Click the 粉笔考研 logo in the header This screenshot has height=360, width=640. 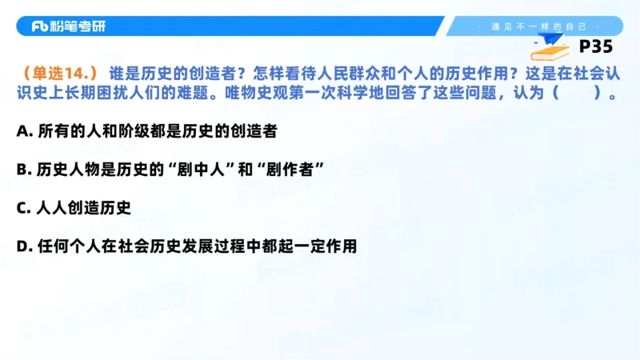68,26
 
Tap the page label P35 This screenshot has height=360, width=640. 595,46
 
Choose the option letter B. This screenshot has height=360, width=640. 22,169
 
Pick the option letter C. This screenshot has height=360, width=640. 22,208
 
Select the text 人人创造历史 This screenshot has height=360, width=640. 83,208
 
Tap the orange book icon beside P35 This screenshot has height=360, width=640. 553,52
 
